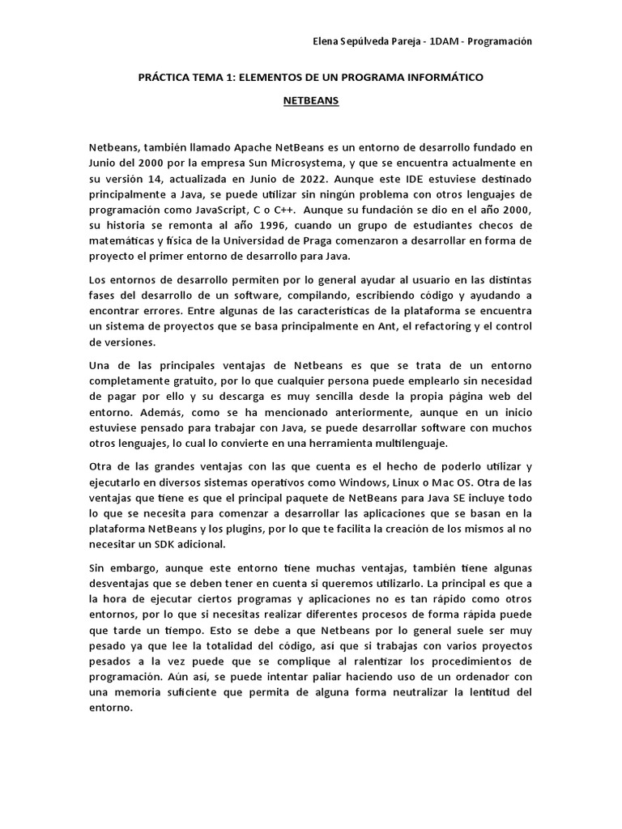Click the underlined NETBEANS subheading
click(x=311, y=103)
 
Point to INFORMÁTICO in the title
click(x=445, y=78)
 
